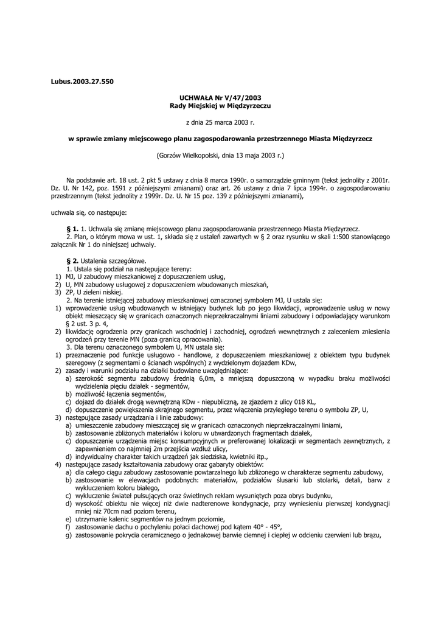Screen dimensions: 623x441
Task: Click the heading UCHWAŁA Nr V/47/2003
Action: coord(220,97)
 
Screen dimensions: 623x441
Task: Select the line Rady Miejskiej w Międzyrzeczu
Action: coord(220,105)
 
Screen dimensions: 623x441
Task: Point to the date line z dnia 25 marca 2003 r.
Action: coord(220,122)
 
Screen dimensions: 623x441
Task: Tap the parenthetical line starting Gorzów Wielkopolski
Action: coord(220,155)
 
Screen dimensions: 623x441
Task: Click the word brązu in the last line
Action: coord(371,535)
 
